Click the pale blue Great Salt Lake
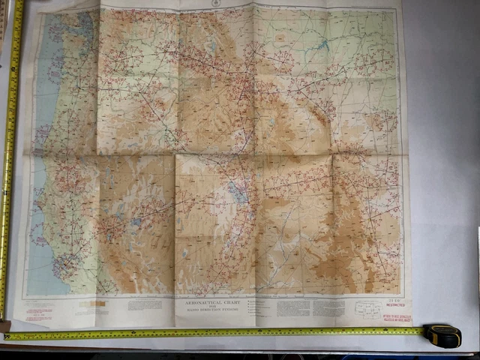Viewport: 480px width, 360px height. coord(238,192)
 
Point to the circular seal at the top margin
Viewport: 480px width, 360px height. coord(214,4)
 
